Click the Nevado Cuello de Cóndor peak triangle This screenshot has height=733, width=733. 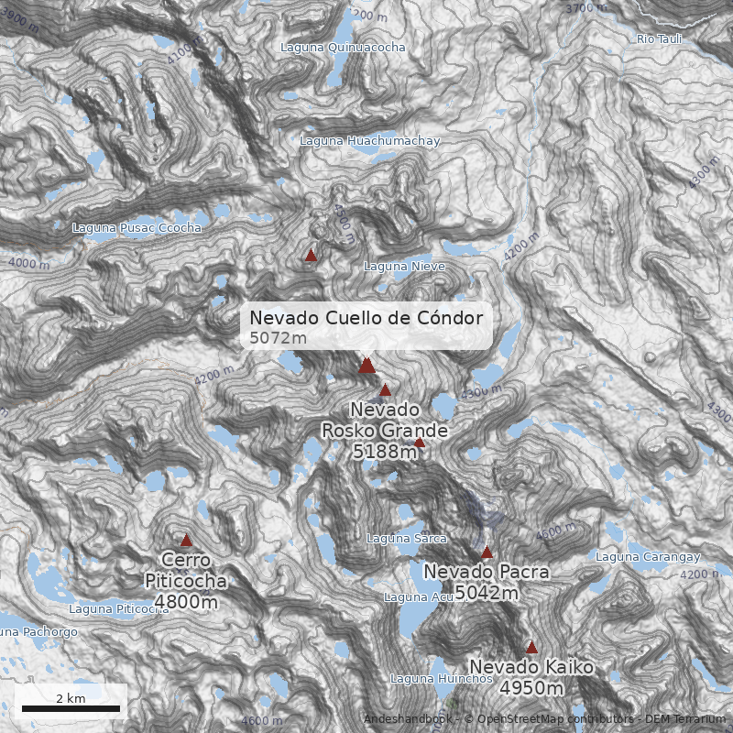366,366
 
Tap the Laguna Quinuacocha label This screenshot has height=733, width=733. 343,48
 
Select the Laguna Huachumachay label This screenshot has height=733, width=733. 370,141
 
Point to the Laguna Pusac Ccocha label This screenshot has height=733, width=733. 137,227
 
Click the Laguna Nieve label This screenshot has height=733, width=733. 404,267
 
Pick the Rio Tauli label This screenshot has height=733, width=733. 659,39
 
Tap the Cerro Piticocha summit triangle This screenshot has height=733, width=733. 186,541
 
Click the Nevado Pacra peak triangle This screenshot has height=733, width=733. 487,553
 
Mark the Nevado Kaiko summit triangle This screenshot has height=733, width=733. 531,647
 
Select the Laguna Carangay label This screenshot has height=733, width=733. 648,557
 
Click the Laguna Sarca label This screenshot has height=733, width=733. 406,539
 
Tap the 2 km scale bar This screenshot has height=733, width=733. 71,707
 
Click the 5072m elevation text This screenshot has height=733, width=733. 278,338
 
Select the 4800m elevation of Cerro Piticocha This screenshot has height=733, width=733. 186,602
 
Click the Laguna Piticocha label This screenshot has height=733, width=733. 119,609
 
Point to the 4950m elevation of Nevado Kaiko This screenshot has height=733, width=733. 531,688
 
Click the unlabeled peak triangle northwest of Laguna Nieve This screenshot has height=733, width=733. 311,256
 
